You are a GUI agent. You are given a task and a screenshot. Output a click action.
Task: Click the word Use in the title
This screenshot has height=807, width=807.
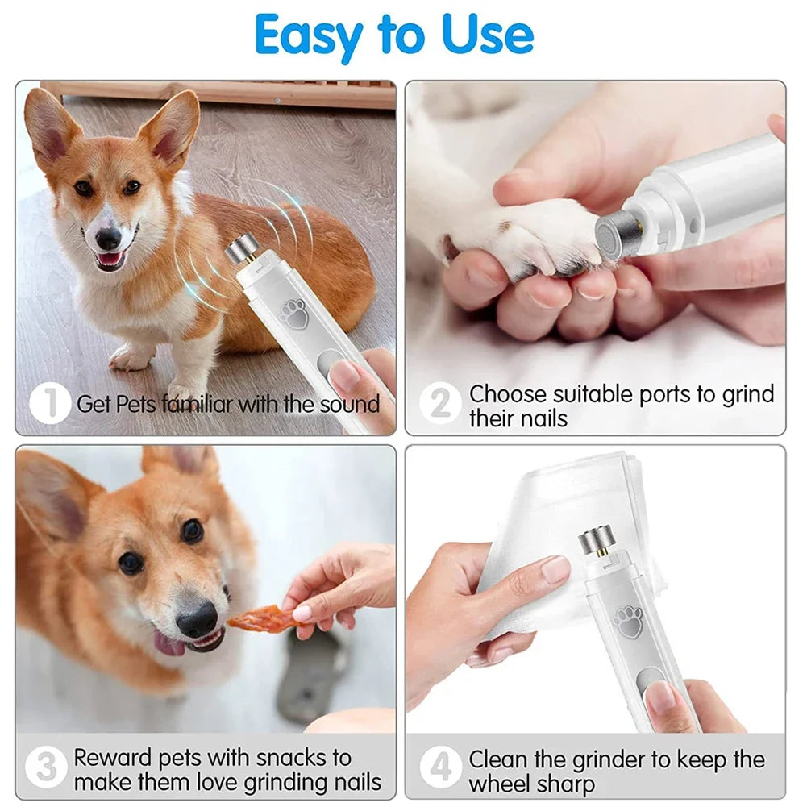coord(488,35)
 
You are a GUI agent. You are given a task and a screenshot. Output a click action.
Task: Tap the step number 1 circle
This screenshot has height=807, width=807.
coord(50,403)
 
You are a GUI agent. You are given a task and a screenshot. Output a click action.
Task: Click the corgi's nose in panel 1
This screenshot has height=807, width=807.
coord(108,239)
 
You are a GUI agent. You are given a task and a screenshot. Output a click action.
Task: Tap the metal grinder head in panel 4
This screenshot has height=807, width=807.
coord(594,542)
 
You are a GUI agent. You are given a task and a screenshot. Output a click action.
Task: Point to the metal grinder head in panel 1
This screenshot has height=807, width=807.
coord(239,251)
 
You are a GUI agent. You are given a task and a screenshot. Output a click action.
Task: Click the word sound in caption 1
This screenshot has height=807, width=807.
coord(349,404)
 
